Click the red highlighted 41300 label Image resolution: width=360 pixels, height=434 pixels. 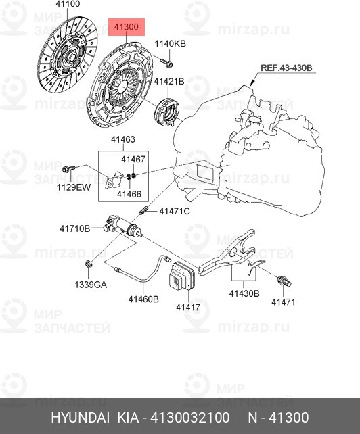coord(127,27)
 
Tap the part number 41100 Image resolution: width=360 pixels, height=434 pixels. coord(68,4)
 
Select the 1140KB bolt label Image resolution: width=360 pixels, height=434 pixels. coord(170,44)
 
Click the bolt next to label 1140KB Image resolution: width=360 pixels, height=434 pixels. coord(166,63)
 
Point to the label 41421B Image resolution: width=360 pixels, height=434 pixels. coord(169,81)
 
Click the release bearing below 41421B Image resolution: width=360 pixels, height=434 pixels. coord(167,111)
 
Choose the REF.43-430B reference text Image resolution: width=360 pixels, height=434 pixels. coord(286,68)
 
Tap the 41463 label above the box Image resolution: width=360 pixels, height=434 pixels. coord(123,139)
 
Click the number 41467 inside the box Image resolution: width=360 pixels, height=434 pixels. coord(133,159)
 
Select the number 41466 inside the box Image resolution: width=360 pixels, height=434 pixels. coord(129,194)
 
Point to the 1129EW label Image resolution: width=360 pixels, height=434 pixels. coord(74,187)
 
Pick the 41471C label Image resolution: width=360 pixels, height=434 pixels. coord(175,212)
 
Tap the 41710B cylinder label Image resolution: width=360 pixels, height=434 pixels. coord(75,228)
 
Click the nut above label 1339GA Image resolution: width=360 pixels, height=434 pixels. coord(89,264)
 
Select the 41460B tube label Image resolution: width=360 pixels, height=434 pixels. coord(143,299)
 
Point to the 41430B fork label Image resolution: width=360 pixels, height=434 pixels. coord(244,293)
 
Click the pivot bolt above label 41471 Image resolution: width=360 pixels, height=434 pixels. coord(284,281)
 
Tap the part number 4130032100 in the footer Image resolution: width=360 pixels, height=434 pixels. coord(190,417)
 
